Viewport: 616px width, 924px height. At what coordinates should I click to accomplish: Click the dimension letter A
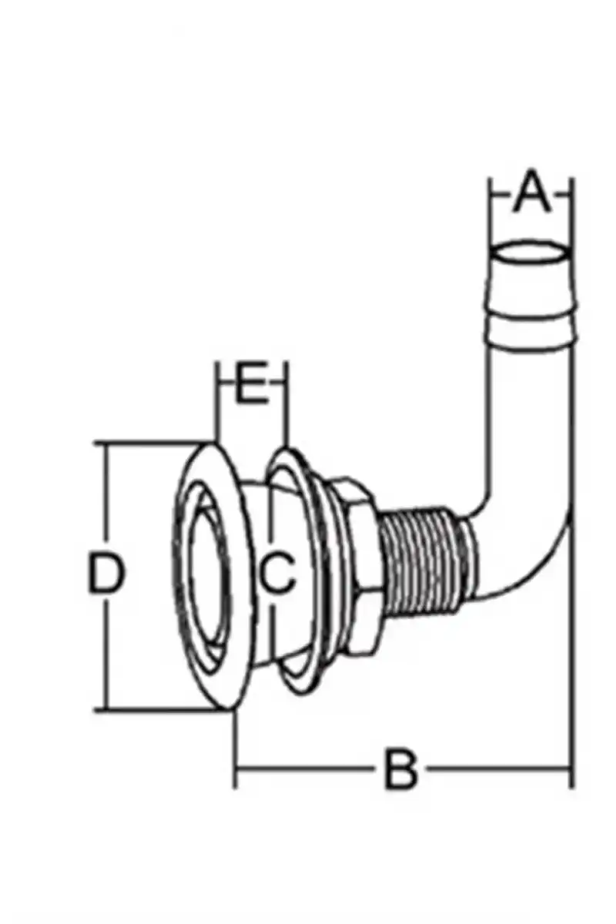click(x=531, y=192)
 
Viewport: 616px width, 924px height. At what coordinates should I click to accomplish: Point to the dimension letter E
click(x=252, y=383)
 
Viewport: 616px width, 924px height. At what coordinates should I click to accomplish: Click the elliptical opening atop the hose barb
click(x=531, y=253)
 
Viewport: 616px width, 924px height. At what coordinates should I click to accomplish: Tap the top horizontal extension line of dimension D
click(x=155, y=442)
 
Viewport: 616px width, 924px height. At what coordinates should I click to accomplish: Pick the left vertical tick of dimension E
click(x=217, y=400)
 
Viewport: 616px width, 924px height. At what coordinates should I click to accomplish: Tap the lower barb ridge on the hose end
click(x=531, y=330)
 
